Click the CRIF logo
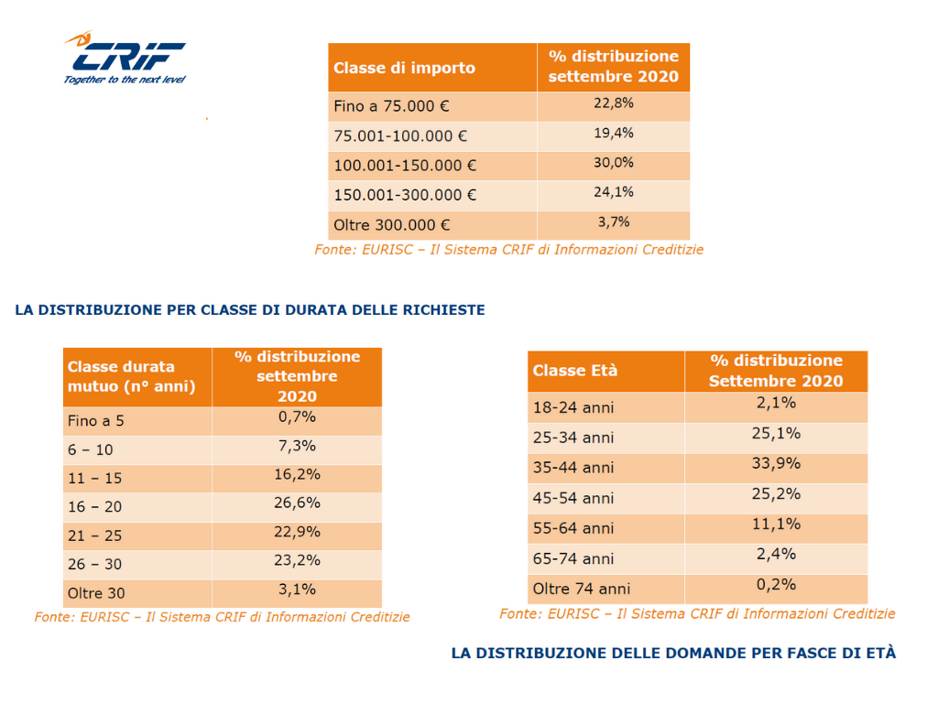click(125, 58)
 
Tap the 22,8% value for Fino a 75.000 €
click(613, 103)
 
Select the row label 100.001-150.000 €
click(405, 166)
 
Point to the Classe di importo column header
click(404, 68)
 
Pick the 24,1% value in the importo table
click(613, 192)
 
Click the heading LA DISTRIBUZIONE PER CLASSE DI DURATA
click(250, 309)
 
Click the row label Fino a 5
click(95, 421)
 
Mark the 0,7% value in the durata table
click(297, 416)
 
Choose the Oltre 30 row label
click(96, 593)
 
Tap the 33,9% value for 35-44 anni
click(776, 463)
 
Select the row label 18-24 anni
click(573, 407)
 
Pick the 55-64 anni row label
click(573, 528)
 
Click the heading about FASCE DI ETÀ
click(673, 653)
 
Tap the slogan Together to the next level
click(125, 80)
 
